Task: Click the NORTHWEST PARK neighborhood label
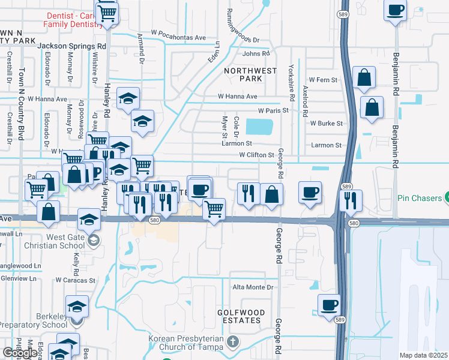coord(251,74)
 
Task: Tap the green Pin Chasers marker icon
coord(446,197)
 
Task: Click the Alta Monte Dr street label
coord(253,287)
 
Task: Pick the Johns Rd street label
coord(256,54)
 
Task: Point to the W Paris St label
coord(273,111)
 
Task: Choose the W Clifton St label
coord(256,155)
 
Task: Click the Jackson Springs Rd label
coord(71,46)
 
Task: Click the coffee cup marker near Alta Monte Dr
coord(328,305)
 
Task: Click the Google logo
coord(20,353)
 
